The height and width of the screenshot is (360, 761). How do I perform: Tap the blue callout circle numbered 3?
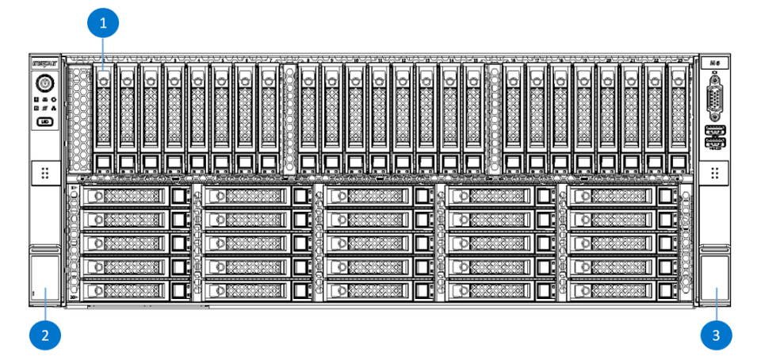[x=716, y=334]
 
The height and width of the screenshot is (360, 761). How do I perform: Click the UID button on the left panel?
[x=44, y=122]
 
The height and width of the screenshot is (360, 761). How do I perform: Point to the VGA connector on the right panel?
[x=715, y=100]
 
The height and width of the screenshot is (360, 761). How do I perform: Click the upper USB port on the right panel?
[x=715, y=130]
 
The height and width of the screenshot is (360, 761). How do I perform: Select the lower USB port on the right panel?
[x=715, y=144]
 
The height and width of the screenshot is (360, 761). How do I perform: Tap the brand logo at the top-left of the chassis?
[x=44, y=62]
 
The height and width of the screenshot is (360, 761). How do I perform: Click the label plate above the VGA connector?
[x=715, y=62]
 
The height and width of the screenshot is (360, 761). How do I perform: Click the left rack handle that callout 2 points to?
[x=44, y=279]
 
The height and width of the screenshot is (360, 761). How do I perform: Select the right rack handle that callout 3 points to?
[x=716, y=279]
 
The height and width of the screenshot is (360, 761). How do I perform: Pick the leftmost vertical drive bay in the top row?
[x=105, y=117]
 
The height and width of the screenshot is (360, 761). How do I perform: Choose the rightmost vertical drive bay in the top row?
[x=679, y=117]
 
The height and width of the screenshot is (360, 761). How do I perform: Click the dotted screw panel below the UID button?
[x=44, y=173]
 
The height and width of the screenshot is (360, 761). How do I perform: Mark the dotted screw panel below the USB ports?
[x=715, y=173]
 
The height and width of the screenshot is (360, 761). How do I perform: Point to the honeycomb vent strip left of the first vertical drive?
[x=80, y=117]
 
